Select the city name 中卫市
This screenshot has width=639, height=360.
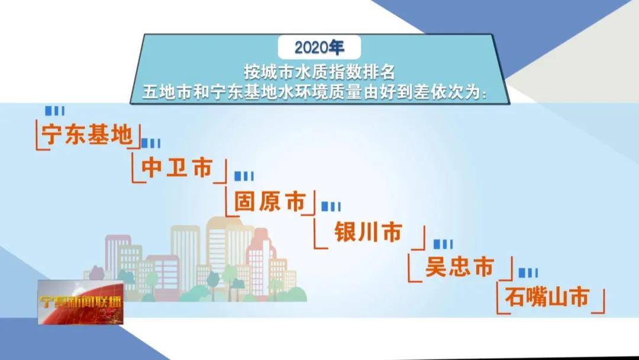177,169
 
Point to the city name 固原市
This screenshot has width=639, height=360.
270,201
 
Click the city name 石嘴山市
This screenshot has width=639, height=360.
547,298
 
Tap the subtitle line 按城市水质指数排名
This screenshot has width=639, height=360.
319,72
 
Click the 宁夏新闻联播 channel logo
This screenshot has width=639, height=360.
80,302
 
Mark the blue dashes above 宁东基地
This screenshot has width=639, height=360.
55,111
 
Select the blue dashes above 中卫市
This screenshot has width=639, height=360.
151,143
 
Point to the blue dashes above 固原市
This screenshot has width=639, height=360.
244,176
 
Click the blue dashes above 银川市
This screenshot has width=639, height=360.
331,206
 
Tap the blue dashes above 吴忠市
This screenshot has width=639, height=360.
443,244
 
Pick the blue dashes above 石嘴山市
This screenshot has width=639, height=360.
528,272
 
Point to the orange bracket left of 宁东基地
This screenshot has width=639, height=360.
39,136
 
